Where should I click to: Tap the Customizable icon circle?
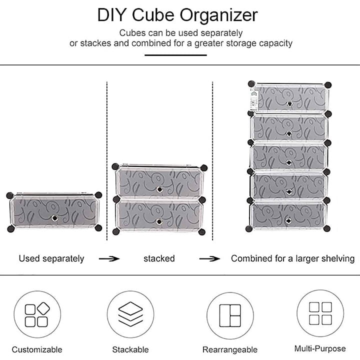click(37, 314)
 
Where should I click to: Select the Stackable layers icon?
click(130, 314)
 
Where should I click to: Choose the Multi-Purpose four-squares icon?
click(320, 313)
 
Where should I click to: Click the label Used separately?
click(51, 258)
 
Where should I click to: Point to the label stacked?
click(159, 258)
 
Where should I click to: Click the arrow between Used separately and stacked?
click(109, 258)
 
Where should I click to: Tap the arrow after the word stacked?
click(209, 258)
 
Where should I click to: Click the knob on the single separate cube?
click(54, 217)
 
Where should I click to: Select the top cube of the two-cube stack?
click(159, 182)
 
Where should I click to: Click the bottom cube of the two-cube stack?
click(159, 215)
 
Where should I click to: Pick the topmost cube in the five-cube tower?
click(289, 98)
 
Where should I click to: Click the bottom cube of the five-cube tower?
click(289, 215)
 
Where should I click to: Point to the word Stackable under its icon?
click(130, 349)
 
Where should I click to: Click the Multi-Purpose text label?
click(320, 348)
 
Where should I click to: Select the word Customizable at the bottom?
click(37, 349)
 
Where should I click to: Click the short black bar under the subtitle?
click(175, 55)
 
